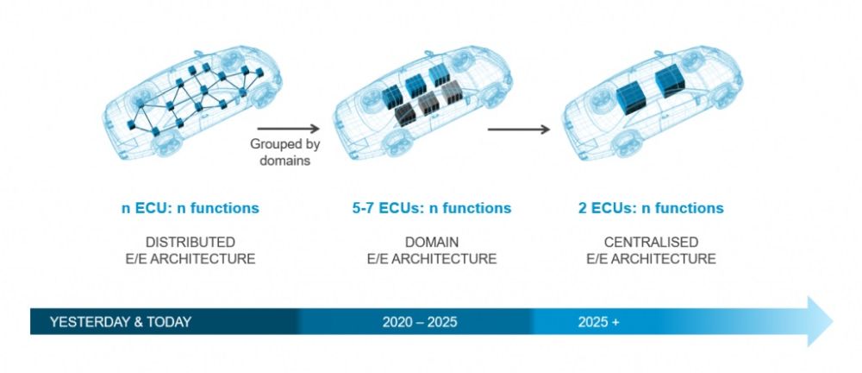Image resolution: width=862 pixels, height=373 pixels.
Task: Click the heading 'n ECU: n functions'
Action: coord(191,208)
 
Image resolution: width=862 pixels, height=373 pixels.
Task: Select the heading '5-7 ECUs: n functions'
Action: coord(432,208)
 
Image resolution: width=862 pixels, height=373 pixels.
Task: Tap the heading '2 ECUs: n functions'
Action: coord(651,208)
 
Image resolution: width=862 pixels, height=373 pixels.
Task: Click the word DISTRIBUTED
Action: coord(191,242)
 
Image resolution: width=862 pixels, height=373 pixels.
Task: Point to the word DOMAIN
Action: coord(432,242)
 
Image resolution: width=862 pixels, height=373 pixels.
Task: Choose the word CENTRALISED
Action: coord(651,242)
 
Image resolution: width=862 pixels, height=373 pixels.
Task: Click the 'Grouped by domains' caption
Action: coord(284,152)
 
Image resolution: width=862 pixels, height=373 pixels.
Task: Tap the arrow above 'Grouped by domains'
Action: coord(288,129)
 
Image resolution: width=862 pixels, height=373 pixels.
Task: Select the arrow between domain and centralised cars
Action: coord(518,130)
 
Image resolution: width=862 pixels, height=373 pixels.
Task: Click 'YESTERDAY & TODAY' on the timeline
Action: coord(121,322)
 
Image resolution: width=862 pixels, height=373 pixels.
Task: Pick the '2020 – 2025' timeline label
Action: coord(420,322)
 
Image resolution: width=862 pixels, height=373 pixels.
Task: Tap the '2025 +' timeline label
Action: coord(598,322)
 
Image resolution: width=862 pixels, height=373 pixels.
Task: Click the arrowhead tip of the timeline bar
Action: coord(833,321)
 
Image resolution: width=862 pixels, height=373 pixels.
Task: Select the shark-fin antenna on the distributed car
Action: coord(198,53)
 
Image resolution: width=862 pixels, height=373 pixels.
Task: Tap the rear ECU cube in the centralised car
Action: coord(670,80)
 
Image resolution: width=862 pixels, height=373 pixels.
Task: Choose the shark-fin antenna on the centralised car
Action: coord(659,54)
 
